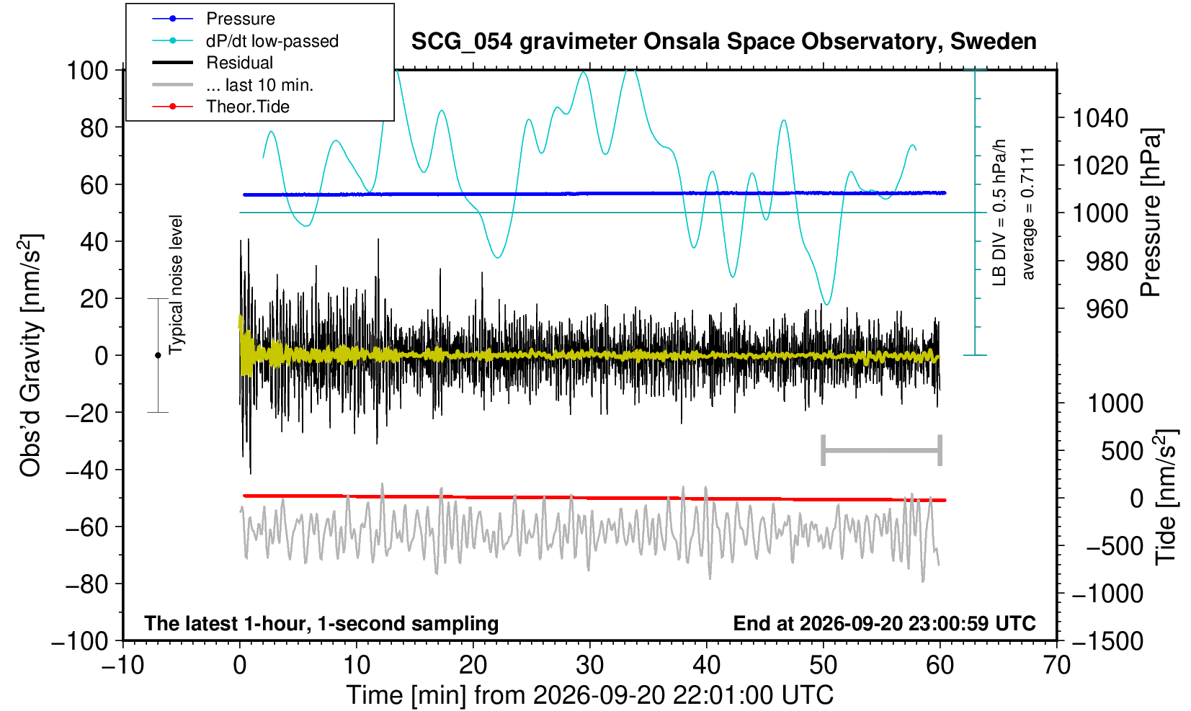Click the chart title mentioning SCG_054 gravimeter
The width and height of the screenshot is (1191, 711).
click(x=723, y=42)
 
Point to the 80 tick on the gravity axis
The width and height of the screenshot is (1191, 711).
click(x=94, y=128)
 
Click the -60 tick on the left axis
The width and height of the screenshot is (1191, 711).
click(x=86, y=527)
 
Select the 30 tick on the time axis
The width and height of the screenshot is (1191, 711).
click(x=589, y=666)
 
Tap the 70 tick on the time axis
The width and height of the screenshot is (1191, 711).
click(x=1056, y=666)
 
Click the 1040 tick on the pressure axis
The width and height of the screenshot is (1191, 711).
click(x=1100, y=118)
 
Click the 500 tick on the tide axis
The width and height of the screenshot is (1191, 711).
click(x=1122, y=451)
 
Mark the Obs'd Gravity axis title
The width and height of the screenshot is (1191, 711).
click(x=30, y=355)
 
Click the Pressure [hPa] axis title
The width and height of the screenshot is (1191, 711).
click(x=1151, y=213)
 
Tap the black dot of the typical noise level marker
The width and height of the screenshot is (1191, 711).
click(x=158, y=355)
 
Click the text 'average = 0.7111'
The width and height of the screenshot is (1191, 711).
click(x=1027, y=214)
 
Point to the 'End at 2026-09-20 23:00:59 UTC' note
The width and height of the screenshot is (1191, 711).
click(x=884, y=623)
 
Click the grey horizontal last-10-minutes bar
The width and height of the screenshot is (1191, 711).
click(x=882, y=450)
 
